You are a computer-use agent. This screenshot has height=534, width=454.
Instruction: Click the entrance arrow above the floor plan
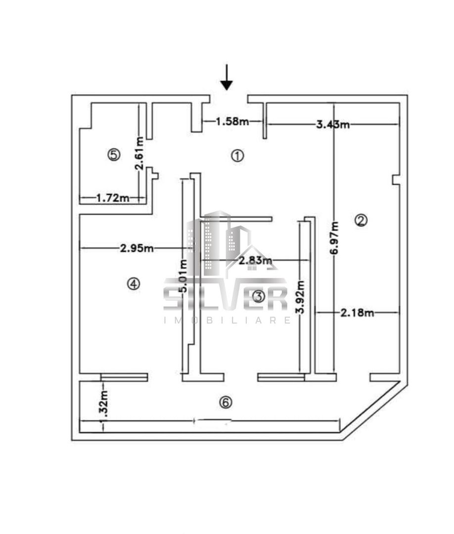pos(227,78)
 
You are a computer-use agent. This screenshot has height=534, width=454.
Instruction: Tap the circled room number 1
pos(237,156)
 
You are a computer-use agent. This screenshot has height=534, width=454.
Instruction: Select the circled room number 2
pos(361,221)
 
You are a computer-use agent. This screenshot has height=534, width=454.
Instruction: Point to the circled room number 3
pos(258,297)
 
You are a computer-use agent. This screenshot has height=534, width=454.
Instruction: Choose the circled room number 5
pos(114,155)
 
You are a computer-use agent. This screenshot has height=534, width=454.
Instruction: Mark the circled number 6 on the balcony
pos(225,403)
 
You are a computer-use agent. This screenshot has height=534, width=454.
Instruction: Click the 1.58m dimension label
pos(232,121)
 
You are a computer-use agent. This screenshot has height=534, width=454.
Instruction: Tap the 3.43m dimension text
pos(333,125)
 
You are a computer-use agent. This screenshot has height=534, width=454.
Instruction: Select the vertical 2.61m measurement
pos(140,153)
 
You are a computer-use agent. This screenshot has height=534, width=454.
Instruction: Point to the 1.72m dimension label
pos(112,198)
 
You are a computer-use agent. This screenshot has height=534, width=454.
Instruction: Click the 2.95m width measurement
pos(136,248)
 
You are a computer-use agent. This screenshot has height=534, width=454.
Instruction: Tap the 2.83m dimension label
pos(255,260)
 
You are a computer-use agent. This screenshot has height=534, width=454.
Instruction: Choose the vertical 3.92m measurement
pos(299,297)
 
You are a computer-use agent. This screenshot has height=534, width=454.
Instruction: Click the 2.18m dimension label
pos(357,312)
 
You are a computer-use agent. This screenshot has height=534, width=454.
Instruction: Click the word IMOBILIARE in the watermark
pos(227,320)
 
